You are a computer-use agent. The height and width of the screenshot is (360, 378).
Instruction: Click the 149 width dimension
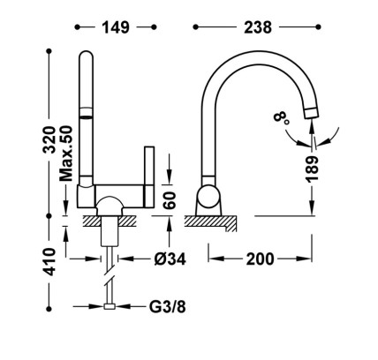tap(116, 27)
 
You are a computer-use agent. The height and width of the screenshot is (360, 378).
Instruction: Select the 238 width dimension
tap(258, 27)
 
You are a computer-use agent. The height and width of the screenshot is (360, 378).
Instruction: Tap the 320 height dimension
tap(49, 139)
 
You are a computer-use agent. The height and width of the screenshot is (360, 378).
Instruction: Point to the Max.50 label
tap(65, 154)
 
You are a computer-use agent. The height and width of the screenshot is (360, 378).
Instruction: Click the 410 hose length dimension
tap(49, 262)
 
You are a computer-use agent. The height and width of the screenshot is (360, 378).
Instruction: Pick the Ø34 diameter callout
tap(170, 259)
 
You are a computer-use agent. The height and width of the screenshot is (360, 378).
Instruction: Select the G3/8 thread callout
tap(167, 307)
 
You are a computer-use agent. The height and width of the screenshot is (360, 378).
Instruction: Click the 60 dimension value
tap(170, 200)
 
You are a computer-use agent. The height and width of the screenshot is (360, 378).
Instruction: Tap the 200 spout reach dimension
tap(260, 259)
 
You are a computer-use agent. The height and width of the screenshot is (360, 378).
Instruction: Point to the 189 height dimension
tap(312, 169)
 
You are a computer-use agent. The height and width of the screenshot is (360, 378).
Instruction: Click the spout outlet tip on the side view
tap(311, 114)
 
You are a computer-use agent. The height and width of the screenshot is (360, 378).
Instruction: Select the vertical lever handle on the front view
tap(149, 177)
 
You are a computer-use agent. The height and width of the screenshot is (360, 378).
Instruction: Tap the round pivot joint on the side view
tap(208, 197)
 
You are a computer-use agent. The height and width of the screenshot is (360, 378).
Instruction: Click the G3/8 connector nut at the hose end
tap(110, 306)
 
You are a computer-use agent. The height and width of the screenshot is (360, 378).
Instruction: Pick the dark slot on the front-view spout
tap(86, 117)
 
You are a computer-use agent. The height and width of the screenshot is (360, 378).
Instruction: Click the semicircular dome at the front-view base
tap(109, 206)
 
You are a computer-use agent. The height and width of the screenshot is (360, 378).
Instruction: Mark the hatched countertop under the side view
tap(210, 222)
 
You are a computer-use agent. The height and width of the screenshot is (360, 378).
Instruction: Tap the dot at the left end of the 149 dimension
tap(77, 27)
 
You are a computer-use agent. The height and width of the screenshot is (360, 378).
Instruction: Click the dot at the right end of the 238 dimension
tap(318, 27)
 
